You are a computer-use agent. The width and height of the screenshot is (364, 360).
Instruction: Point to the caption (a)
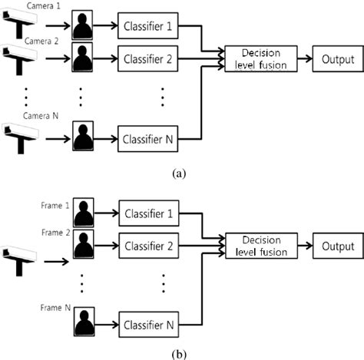click(x=180, y=173)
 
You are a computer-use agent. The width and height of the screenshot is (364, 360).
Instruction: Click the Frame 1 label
click(x=55, y=206)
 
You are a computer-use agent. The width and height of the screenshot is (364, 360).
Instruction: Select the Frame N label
click(x=55, y=307)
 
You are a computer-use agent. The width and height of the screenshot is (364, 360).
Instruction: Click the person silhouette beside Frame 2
click(x=82, y=246)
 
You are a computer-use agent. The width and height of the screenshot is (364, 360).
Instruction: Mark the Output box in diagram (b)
click(x=335, y=246)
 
